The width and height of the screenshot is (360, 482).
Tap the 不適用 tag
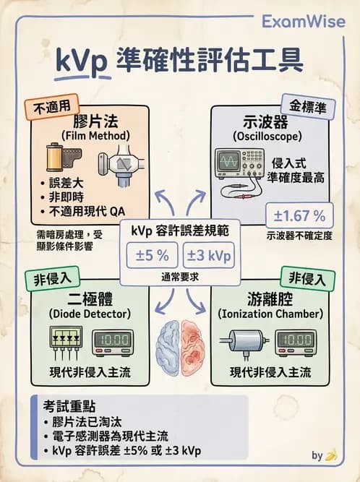(x=52, y=107)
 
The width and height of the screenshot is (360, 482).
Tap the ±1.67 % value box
(x=299, y=215)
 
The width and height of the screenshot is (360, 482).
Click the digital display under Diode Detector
(x=111, y=340)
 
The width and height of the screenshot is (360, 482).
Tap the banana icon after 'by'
(x=332, y=455)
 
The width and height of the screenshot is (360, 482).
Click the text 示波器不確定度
(x=299, y=236)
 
